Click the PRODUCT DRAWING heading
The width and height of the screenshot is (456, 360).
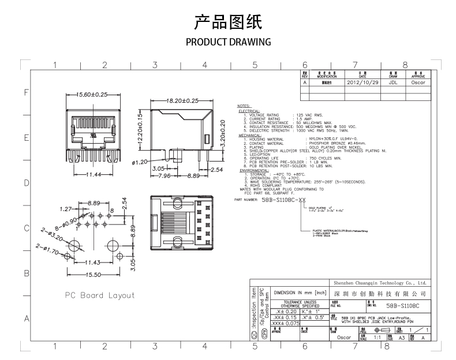tap(229, 42)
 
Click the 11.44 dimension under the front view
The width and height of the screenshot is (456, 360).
tap(92, 174)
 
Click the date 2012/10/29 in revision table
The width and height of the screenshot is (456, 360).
tap(362, 82)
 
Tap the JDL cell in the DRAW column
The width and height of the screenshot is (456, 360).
tap(393, 82)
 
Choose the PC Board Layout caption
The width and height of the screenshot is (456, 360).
tap(99, 295)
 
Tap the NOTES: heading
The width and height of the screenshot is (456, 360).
tap(244, 107)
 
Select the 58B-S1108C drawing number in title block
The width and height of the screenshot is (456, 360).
tap(402, 306)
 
